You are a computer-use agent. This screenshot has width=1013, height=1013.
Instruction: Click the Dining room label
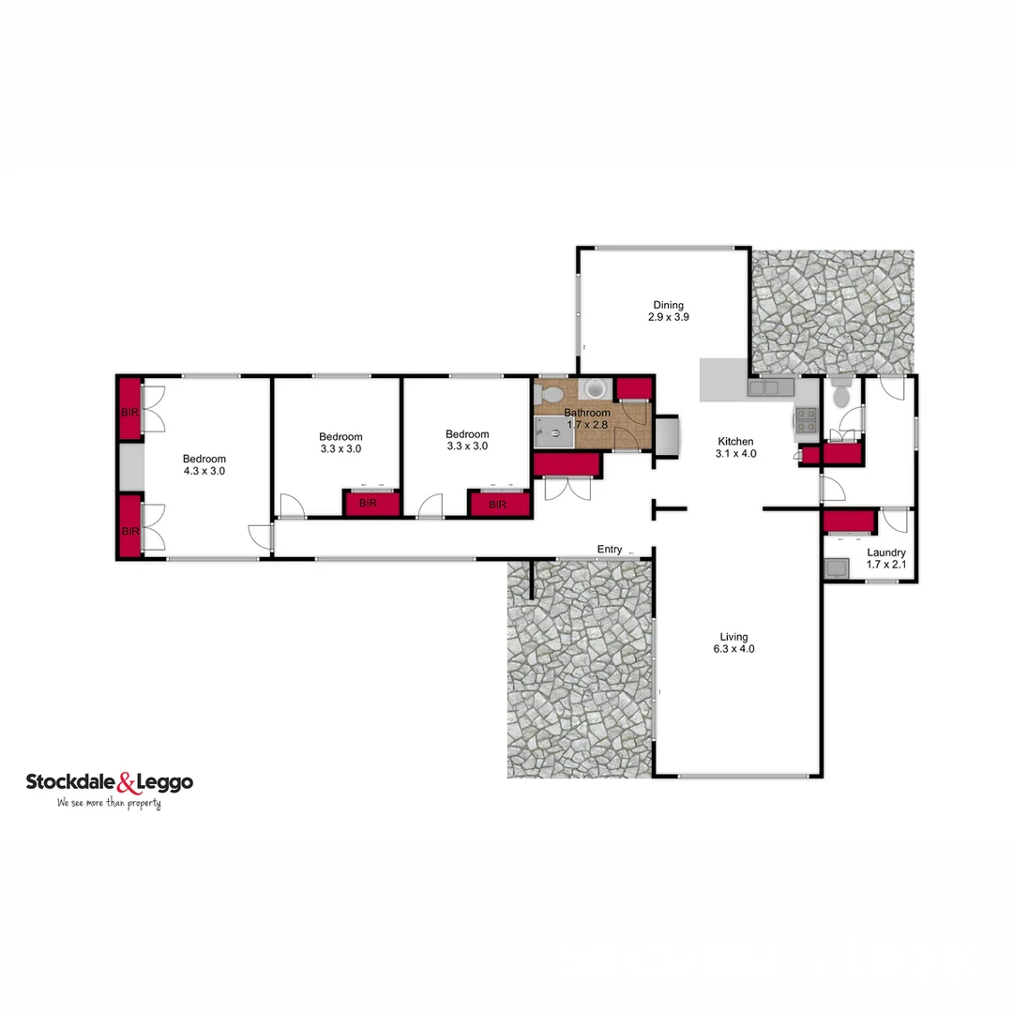[668, 310]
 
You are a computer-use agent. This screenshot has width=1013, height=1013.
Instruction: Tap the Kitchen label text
[736, 447]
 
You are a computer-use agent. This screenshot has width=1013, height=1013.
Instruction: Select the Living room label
[734, 643]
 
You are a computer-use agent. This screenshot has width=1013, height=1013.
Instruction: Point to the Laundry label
[885, 559]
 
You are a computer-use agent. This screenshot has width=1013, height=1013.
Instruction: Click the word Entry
[610, 550]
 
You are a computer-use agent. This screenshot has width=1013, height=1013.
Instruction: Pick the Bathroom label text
[587, 418]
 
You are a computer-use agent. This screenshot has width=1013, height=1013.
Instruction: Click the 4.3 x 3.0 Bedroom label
[204, 465]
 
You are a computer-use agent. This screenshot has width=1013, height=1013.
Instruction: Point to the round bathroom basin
[595, 389]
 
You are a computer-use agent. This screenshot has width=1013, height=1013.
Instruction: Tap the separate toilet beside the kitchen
[840, 395]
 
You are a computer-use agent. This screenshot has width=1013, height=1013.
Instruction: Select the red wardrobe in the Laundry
[850, 522]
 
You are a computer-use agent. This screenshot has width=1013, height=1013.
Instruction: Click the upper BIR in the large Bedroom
[129, 410]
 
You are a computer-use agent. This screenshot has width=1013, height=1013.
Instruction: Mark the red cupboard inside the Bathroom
[634, 388]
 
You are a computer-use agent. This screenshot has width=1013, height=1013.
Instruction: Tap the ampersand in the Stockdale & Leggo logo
[127, 782]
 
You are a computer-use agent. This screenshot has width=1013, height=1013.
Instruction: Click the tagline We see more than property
[109, 804]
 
